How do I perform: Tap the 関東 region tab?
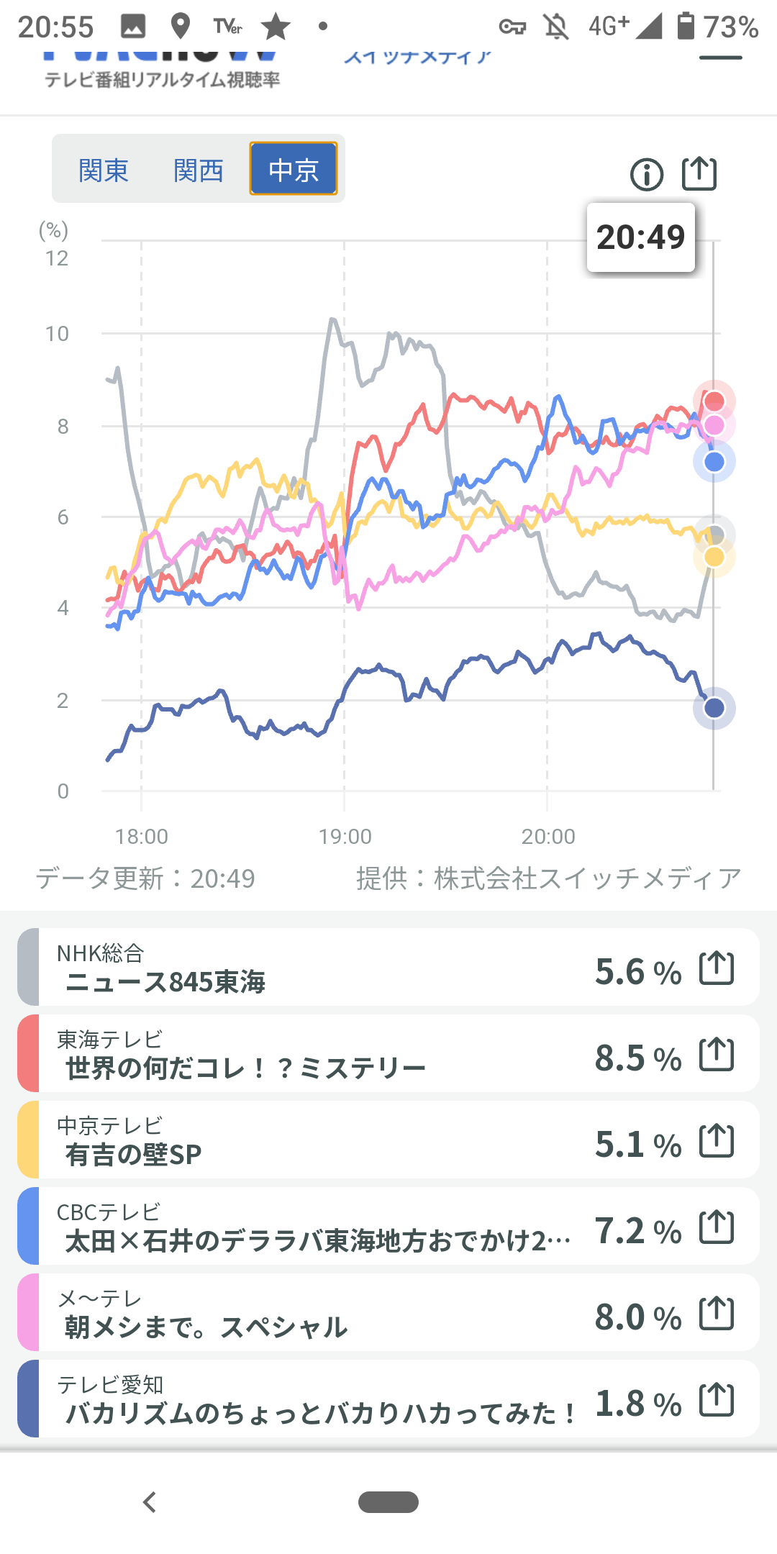pos(104,171)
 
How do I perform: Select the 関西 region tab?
pos(199,171)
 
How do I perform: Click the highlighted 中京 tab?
pos(294,169)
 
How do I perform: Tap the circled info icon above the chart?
pos(646,174)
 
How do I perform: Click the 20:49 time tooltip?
pos(640,237)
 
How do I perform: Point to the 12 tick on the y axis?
pos(57,258)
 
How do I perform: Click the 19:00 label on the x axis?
pos(345,837)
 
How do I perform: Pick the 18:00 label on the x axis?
pos(142,837)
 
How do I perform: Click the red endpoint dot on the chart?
pos(714,401)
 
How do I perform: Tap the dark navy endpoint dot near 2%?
pos(714,708)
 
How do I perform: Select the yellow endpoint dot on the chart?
pos(714,557)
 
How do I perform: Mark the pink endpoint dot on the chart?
pos(714,425)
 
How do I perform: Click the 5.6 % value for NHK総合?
pos(638,972)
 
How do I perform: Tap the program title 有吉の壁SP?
pos(133,1155)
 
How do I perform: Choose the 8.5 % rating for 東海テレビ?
pos(638,1058)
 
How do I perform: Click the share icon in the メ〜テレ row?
pos(717,1314)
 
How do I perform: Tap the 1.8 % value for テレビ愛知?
pos(638,1404)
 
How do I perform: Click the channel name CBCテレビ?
pos(109,1212)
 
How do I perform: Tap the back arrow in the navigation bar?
pos(150,1502)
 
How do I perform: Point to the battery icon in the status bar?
pos(686,27)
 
